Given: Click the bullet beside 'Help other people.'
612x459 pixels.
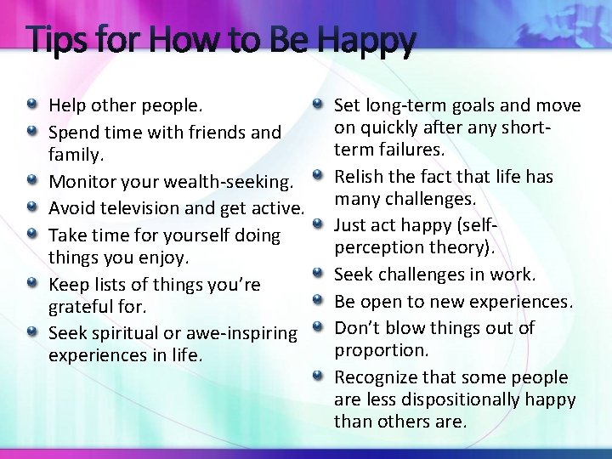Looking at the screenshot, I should point(31,105).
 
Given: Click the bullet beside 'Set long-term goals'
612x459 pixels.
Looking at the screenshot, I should point(317,105).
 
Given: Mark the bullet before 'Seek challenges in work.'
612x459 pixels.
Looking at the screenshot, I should point(317,274).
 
